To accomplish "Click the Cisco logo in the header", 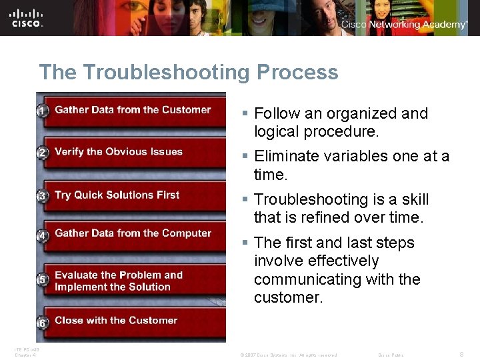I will (x=27, y=17).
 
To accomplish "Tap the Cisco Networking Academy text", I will (x=404, y=25).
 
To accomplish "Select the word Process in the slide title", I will (x=297, y=72).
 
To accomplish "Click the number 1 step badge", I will (x=42, y=111).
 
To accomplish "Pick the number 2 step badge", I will (x=42, y=153).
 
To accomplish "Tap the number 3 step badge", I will (x=42, y=196).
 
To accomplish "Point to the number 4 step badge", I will (x=42, y=235).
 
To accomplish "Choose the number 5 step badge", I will (x=42, y=280).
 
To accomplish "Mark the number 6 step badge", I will (x=42, y=323).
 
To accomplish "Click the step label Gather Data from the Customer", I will (x=133, y=110).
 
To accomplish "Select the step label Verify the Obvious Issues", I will (x=118, y=152).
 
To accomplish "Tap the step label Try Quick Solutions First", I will (x=117, y=195).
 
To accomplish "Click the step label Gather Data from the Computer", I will (x=133, y=233).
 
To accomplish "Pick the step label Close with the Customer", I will (x=115, y=321).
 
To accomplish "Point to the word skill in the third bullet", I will (x=415, y=199).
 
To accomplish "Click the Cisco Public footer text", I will (x=391, y=355).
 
